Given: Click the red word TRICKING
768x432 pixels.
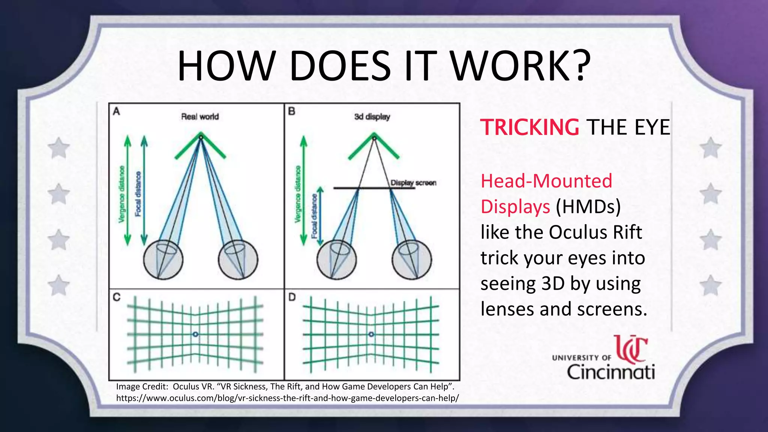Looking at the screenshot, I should pos(529,127).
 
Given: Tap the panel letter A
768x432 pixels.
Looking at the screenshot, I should pos(117,111).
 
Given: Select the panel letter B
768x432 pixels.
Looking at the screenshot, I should pos(291,111).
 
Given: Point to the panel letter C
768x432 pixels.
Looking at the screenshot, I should pos(117,297).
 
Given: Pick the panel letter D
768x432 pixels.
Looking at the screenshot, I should pos(292,297).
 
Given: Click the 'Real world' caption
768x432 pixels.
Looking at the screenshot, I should pos(200,117).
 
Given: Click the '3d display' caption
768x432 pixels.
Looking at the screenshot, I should pos(372,117).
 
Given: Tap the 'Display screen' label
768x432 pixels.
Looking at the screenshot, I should pos(413,183).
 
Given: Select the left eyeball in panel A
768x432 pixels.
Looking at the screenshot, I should pos(163,259).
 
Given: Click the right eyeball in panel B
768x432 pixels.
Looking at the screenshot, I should pos(411,259).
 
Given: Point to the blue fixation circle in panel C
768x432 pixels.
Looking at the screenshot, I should pos(195,334).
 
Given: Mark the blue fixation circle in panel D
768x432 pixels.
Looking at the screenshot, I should pos(371,334).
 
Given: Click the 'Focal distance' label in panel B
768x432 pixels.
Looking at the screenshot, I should pos(314,216).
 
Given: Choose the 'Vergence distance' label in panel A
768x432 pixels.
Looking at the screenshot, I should pos(121,194).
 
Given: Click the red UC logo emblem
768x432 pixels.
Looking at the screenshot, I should pos(631,349).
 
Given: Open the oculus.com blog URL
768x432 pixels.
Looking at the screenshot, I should pos(287,398).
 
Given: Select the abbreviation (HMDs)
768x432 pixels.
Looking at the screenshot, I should pos(588,207).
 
